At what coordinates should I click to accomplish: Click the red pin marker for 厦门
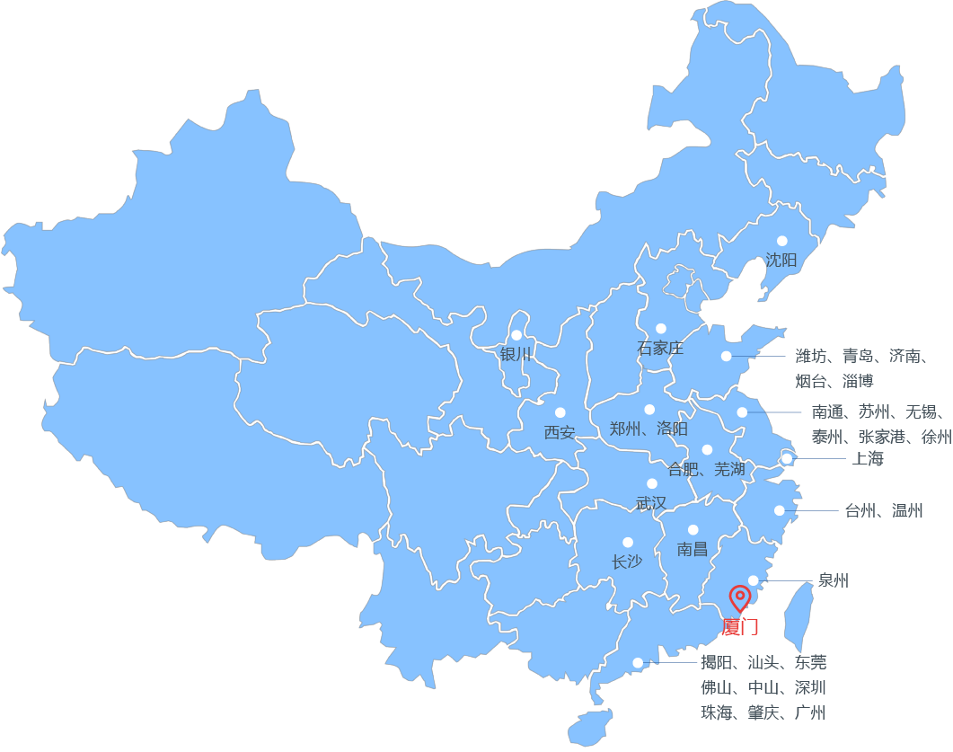point(739,597)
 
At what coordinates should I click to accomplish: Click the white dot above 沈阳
point(781,241)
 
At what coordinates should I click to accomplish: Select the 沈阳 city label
point(781,261)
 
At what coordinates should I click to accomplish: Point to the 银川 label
point(516,354)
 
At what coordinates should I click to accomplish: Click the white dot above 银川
point(516,334)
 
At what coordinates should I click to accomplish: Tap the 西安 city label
point(560,432)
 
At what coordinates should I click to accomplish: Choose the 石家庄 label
point(660,348)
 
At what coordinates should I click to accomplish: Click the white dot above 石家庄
point(661,329)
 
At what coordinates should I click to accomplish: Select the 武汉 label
point(651,503)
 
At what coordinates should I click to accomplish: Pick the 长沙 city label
point(627,562)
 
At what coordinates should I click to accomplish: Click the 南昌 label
point(693,549)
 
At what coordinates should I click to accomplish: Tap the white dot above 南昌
point(693,530)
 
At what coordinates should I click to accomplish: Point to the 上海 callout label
point(868,459)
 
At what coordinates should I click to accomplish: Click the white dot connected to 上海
point(787,459)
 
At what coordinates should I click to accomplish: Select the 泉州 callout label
point(833,580)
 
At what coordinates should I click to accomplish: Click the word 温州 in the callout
point(907,511)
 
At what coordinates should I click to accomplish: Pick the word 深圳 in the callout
point(810,688)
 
